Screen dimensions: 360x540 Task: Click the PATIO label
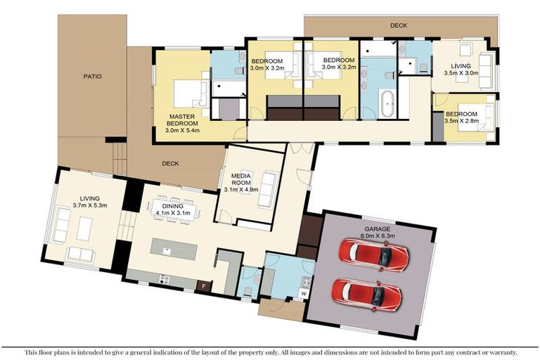click(x=92, y=77)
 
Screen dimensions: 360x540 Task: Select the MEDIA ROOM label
click(x=236, y=176)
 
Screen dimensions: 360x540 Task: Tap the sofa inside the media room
click(x=267, y=191)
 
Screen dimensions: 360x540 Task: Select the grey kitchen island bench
click(x=174, y=250)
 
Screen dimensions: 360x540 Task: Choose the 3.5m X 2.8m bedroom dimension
click(x=461, y=121)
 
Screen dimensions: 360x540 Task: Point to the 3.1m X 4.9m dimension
click(x=242, y=189)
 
